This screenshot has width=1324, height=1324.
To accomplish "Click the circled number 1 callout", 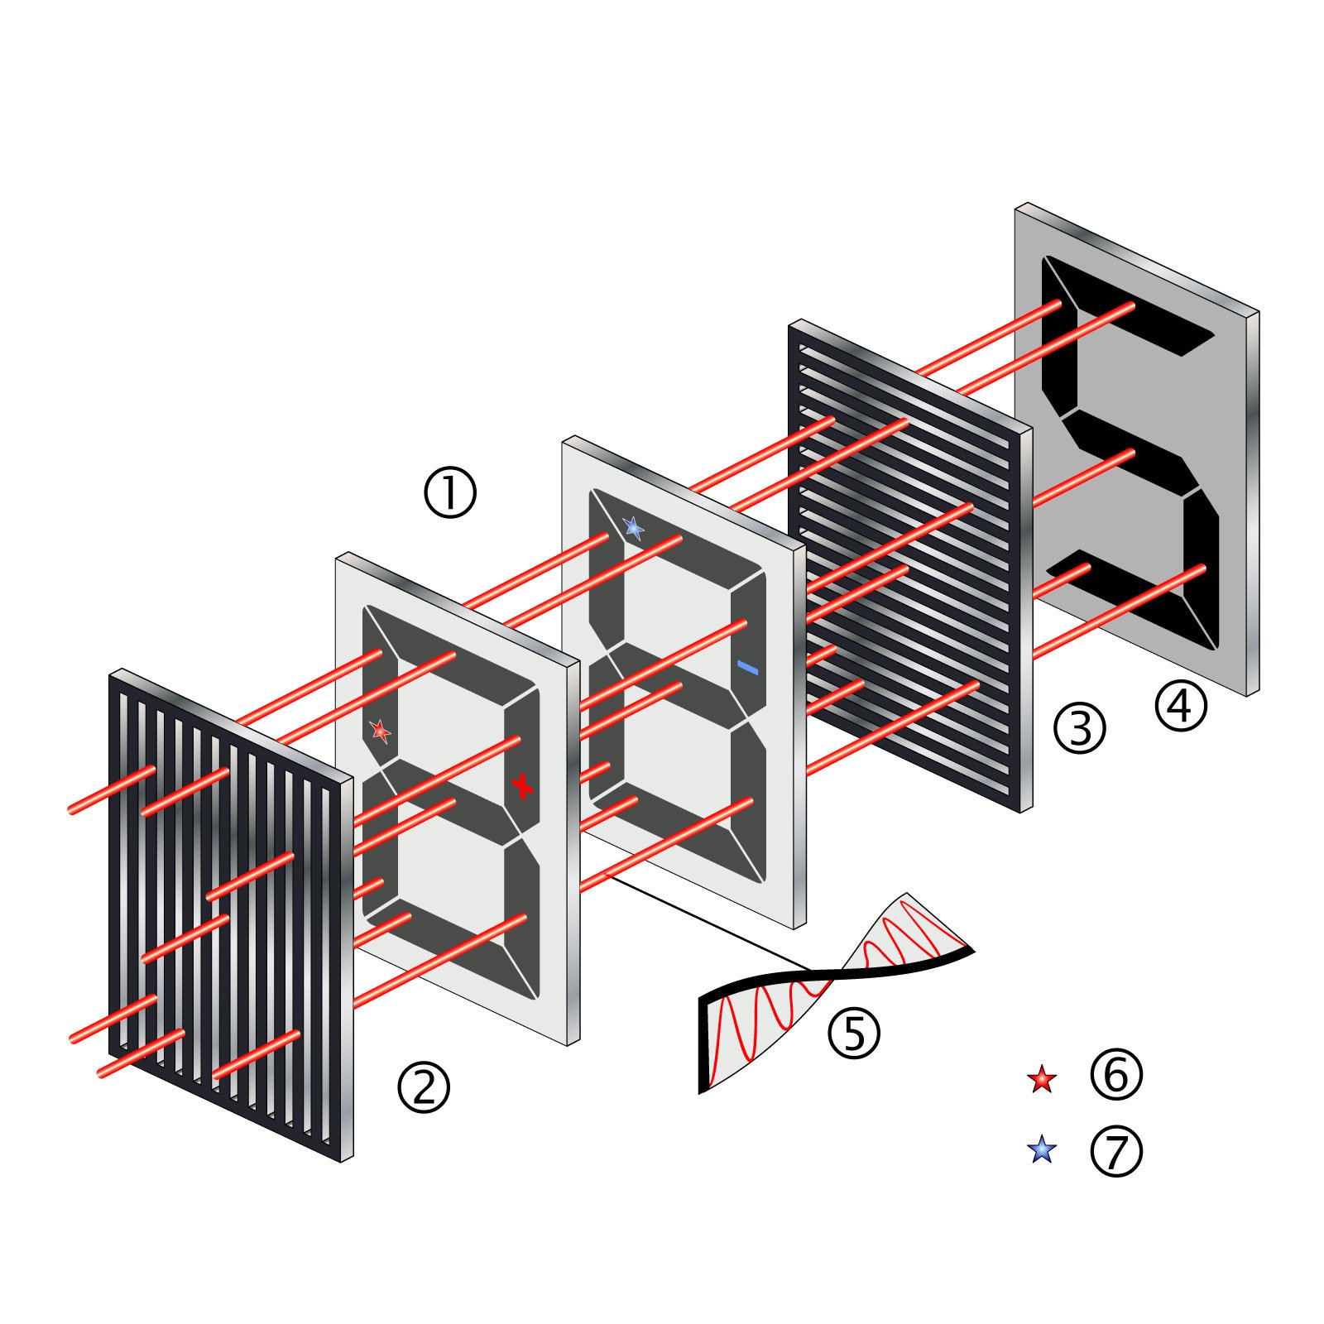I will tap(450, 493).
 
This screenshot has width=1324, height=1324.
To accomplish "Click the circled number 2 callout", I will tap(424, 1087).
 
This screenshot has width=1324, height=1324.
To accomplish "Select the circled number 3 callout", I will tap(1079, 728).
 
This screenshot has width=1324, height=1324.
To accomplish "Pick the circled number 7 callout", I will tap(1116, 1151).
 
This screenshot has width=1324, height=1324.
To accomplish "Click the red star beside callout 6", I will tap(1042, 1079).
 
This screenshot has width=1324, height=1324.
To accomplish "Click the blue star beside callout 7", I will tap(1042, 1150).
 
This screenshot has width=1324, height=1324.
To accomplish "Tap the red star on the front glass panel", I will tap(380, 731).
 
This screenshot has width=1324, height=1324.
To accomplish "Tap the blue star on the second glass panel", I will tap(634, 527).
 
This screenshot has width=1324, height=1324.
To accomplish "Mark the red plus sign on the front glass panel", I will tap(522, 785).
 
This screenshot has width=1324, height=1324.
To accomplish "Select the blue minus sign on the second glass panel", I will tap(747, 667).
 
